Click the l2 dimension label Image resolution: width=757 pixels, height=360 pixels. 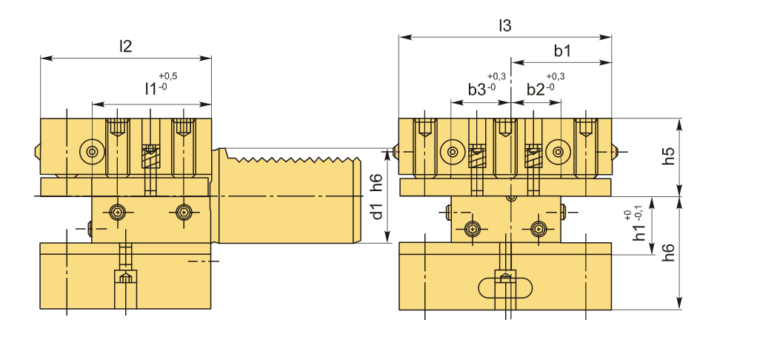(125, 46)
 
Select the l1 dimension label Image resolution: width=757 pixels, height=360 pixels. (150, 89)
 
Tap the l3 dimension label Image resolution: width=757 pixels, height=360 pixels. (504, 26)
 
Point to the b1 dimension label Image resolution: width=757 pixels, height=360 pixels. (562, 51)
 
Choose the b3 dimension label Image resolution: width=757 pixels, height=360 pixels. (477, 89)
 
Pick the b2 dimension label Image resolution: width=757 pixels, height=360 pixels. (536, 89)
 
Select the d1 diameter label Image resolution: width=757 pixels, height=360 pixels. (378, 211)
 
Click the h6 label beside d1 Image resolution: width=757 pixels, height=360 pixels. (378, 181)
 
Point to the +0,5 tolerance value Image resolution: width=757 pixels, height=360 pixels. (168, 76)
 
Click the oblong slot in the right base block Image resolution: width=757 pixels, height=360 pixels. (505, 287)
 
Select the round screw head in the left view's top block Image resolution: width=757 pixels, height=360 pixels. (91, 152)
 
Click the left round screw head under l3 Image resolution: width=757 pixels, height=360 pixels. (450, 153)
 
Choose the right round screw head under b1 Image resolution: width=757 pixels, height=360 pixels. (557, 153)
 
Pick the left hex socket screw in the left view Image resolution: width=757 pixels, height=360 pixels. (116, 213)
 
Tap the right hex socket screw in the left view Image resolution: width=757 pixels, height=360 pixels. (183, 213)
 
